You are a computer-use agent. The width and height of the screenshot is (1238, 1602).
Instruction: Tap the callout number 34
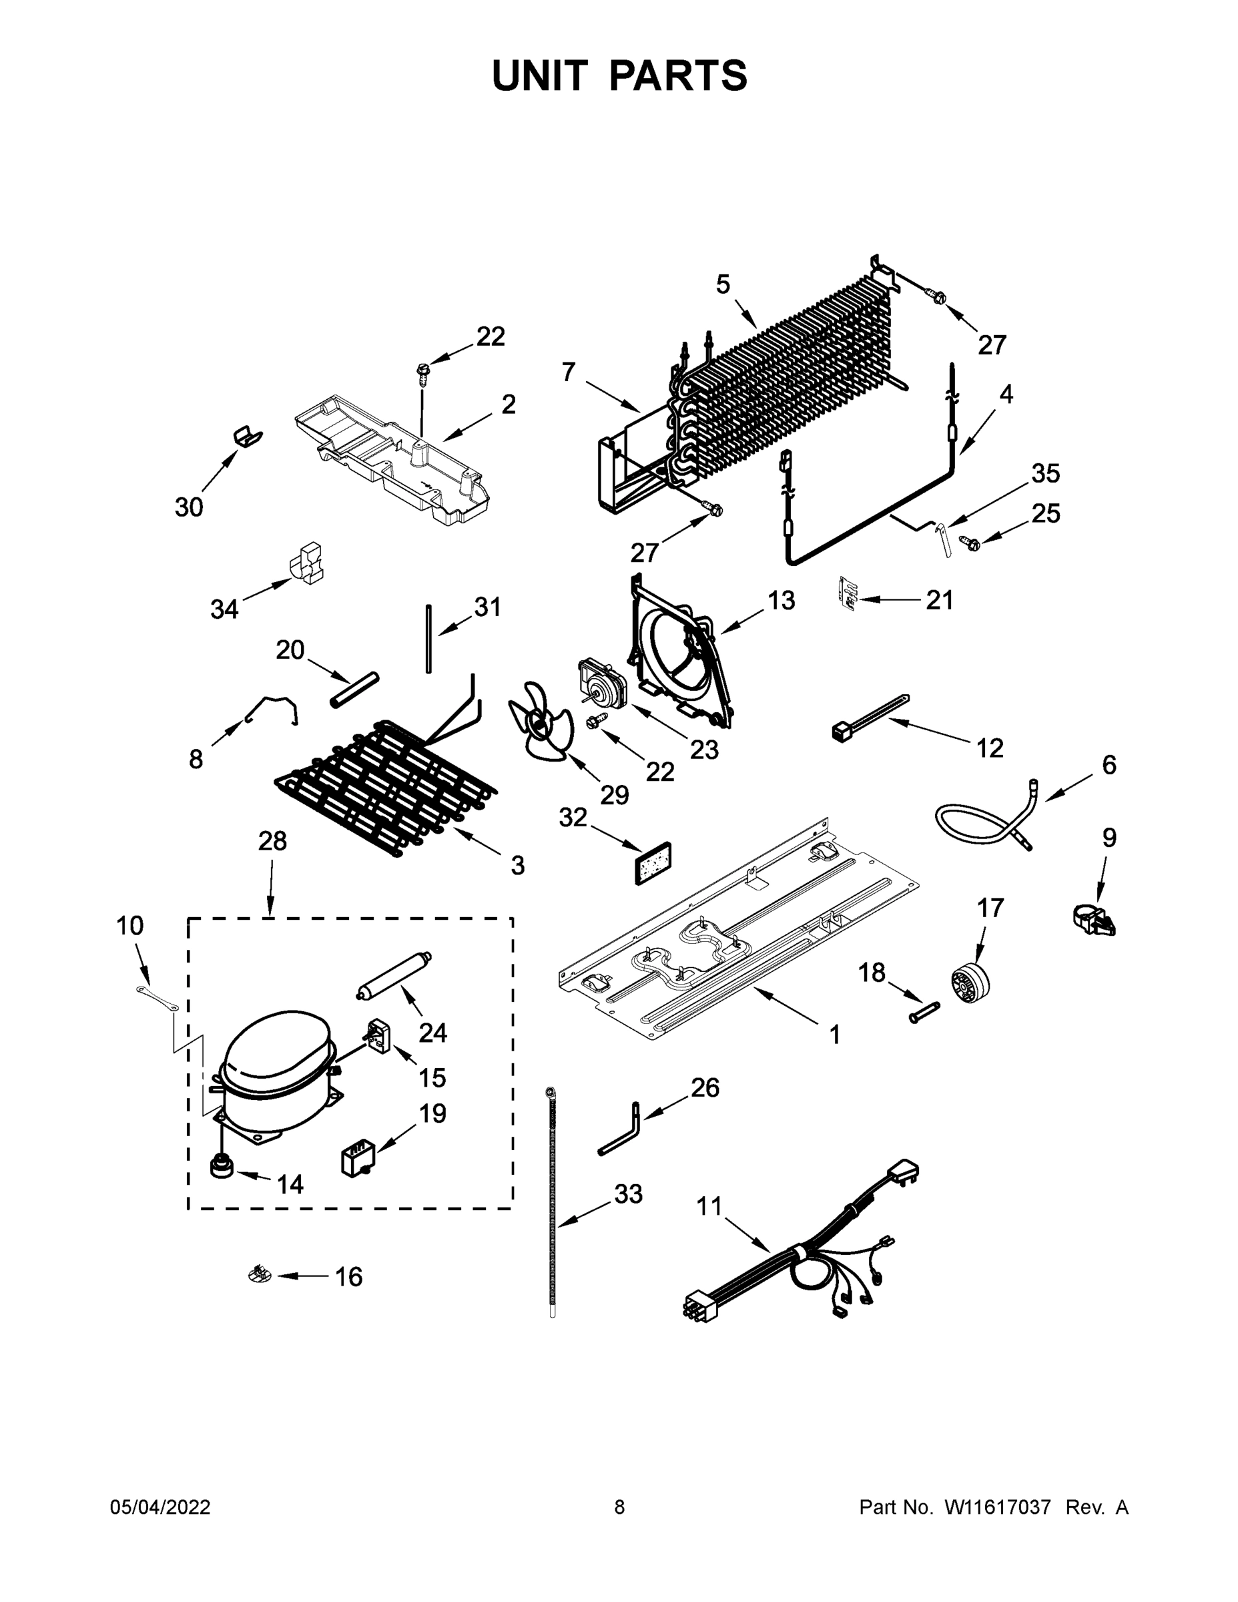click(x=224, y=609)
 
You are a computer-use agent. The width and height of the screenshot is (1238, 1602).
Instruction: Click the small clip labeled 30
click(x=247, y=436)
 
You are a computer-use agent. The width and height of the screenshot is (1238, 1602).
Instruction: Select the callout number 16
click(x=348, y=1277)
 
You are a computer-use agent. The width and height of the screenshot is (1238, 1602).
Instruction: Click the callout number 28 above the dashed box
click(x=272, y=840)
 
